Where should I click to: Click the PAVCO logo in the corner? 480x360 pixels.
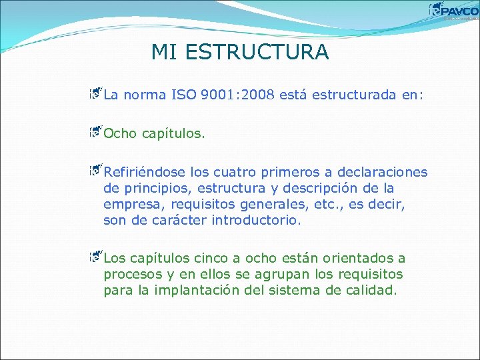453,11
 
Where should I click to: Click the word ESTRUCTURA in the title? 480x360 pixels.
259,52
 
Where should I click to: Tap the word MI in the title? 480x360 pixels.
164,52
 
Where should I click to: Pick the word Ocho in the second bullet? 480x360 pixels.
120,133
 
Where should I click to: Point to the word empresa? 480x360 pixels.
131,204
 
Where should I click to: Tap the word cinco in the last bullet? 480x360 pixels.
207,259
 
